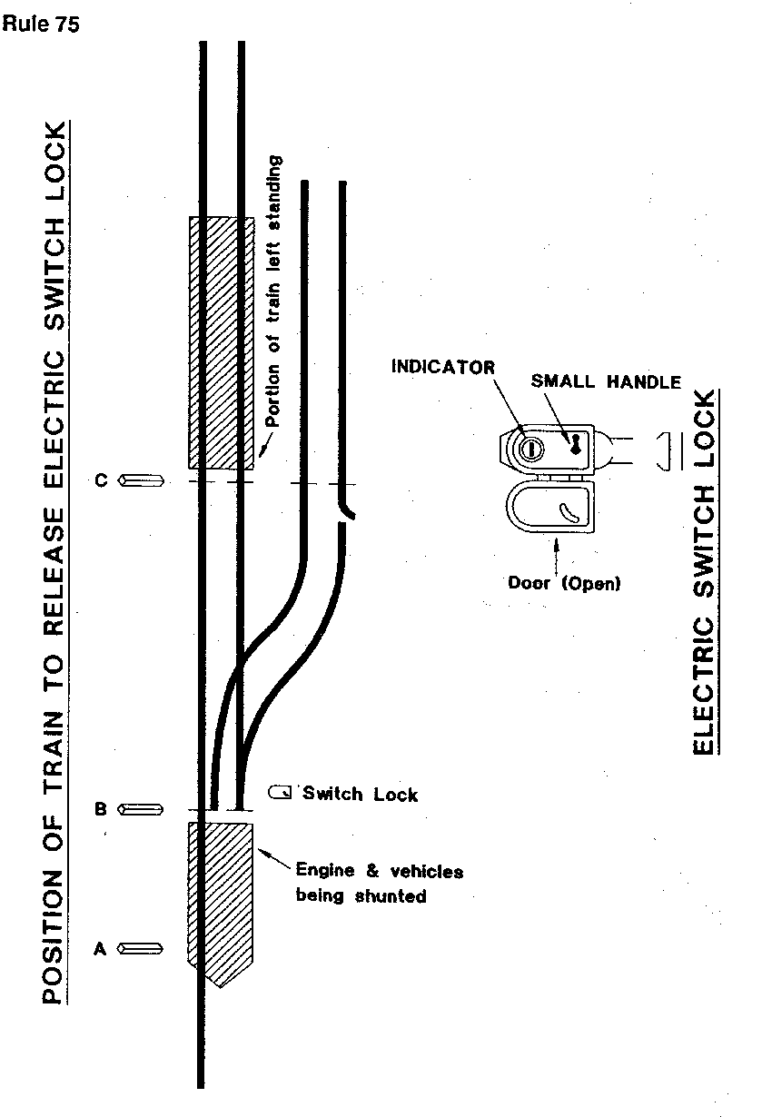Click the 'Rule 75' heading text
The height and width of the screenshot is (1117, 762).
coord(41,25)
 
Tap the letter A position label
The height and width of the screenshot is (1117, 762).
coord(101,949)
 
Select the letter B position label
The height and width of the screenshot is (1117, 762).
coord(102,808)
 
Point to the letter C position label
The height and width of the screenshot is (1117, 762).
coord(102,480)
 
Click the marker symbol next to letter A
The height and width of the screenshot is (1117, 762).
coord(141,949)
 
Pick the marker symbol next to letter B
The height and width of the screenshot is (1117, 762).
coord(141,808)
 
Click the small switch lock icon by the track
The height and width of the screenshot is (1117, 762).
coord(281,793)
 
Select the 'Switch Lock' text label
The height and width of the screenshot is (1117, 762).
coord(361,795)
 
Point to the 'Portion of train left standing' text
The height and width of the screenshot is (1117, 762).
coord(275,291)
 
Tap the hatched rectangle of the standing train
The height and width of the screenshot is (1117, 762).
coord(221,342)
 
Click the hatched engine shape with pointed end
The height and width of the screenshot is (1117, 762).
coord(220,899)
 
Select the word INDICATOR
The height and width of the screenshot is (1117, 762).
coord(443,368)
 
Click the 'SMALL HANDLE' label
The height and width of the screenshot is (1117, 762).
coord(606,382)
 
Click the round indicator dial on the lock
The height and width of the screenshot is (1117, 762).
coord(531,447)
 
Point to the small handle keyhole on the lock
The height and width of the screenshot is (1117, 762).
coord(575,442)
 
